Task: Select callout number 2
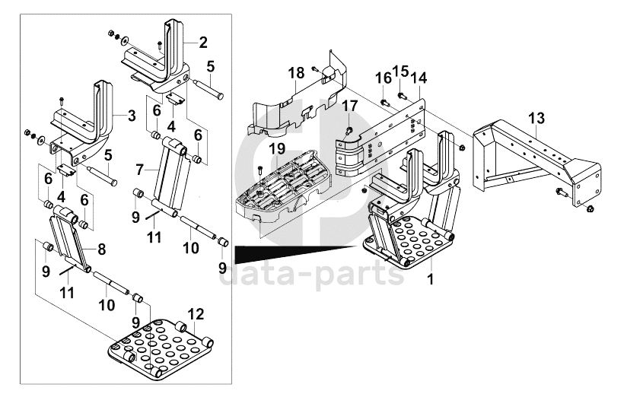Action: point(203,43)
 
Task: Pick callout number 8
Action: point(100,247)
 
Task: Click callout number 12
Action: point(196,313)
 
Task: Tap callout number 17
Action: point(350,106)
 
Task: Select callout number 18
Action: point(296,72)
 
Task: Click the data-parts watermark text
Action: point(312,274)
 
